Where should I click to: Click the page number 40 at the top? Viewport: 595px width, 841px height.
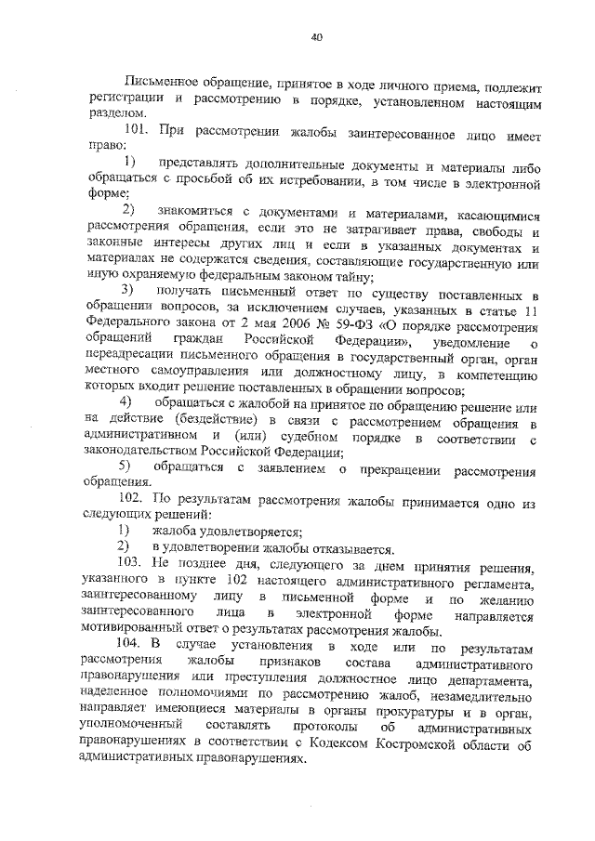pos(316,37)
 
